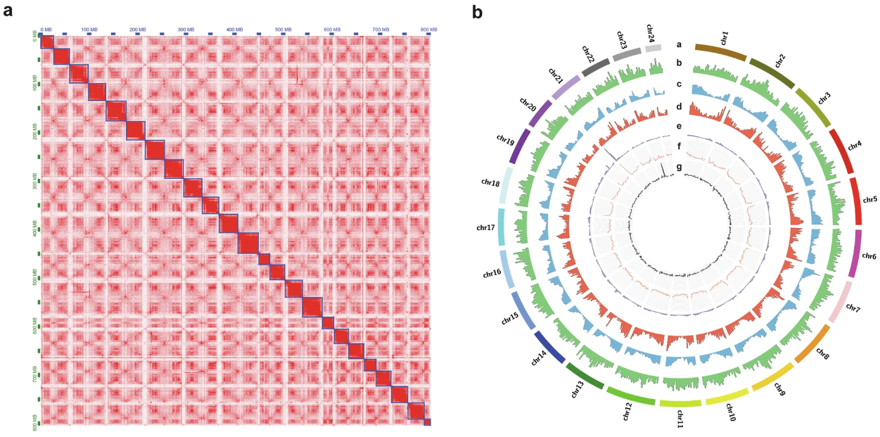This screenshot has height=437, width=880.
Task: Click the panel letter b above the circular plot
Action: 477,11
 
